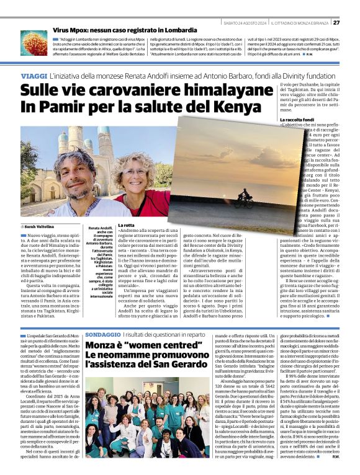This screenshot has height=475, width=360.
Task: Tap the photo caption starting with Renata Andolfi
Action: point(100,260)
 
